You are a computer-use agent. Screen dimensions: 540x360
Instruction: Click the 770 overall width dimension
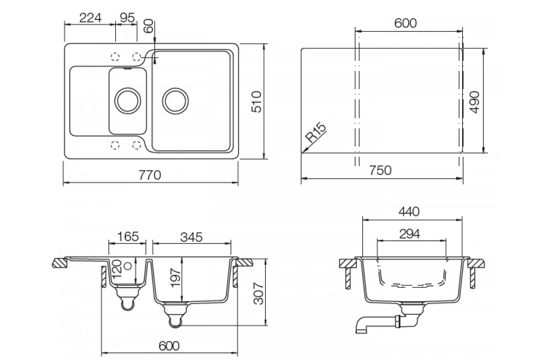pos(149,175)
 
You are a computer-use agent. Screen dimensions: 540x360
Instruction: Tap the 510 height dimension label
pos(256,102)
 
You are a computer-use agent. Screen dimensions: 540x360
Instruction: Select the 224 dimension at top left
pos(90,18)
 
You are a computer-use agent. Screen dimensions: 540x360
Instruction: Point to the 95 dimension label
pos(127,18)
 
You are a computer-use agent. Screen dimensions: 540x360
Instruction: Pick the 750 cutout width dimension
pos(380,171)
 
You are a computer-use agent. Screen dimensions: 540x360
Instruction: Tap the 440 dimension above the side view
pos(409,211)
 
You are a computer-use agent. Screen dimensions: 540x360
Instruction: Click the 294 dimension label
pos(409,234)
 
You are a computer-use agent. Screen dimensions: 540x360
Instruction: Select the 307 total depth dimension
pos(259,293)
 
